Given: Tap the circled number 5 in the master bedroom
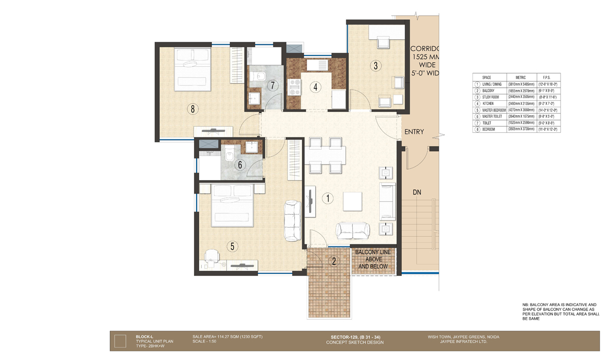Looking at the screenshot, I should (x=232, y=246).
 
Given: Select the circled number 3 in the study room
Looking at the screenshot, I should (x=376, y=65).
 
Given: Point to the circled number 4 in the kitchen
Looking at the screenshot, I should (x=316, y=87).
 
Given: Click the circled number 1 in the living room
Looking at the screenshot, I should (x=329, y=199).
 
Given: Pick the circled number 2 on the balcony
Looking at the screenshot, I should (x=334, y=262).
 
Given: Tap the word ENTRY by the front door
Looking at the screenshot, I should (x=414, y=132).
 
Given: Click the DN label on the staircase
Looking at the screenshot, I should (x=417, y=193).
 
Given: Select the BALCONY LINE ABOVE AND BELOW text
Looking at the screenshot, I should (x=373, y=259).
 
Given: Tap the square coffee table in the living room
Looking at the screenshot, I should (x=352, y=201).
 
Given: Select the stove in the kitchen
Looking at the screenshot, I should (x=294, y=87).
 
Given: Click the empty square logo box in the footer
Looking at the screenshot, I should (x=120, y=340).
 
